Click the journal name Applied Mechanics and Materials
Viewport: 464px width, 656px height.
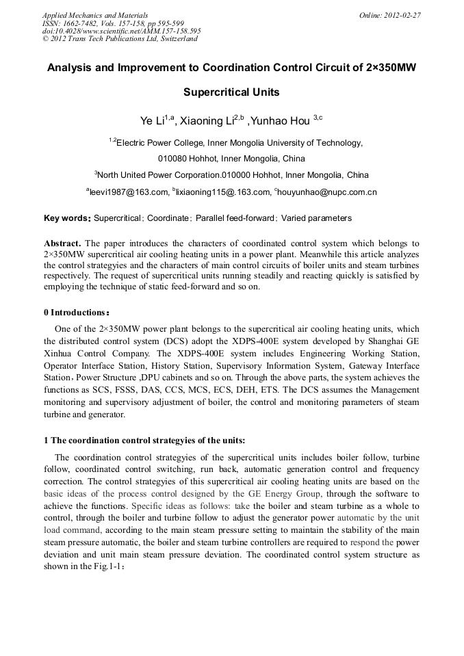click(x=95, y=15)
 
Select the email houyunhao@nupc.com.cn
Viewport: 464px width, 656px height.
click(x=327, y=193)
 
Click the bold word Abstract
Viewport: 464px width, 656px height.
click(x=62, y=244)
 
